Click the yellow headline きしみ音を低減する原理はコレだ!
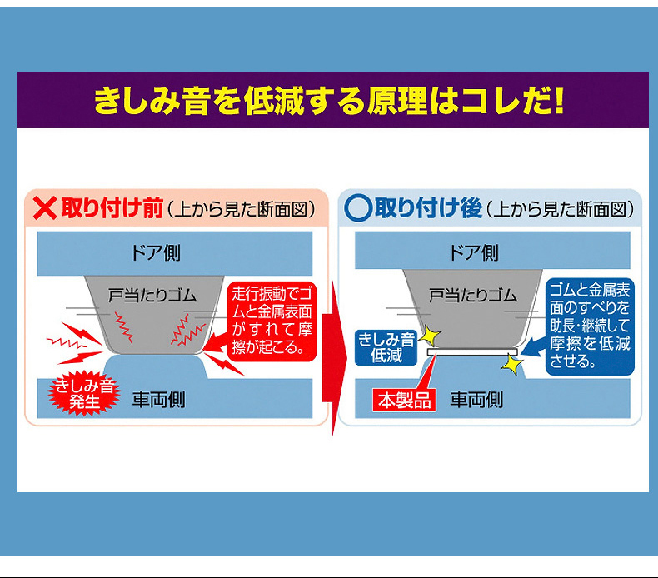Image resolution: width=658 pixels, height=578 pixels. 328,101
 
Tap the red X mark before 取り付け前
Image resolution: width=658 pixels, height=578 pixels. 44,208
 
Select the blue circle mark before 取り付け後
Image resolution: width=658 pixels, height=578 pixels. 358,208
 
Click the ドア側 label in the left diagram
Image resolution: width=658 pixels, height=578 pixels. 155,252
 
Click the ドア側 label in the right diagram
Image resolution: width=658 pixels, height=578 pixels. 473,252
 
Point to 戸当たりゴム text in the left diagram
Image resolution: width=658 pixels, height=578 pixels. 152,296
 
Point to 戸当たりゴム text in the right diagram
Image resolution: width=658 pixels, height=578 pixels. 472,296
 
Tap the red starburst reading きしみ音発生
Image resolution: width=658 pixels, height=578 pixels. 84,393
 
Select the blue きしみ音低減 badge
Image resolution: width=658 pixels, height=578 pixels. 386,347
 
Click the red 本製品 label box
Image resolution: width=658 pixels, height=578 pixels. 404,400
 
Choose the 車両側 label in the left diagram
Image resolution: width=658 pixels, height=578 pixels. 158,400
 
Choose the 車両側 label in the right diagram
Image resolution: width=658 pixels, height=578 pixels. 476,400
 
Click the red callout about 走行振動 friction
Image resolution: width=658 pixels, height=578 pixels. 272,321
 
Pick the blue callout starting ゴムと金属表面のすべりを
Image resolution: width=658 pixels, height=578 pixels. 590,326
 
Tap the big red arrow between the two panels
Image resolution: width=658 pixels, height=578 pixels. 335,359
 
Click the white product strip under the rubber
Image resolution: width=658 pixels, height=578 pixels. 472,351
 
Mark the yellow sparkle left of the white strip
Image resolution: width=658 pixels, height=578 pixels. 430,336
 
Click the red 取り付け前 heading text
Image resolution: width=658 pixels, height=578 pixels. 112,208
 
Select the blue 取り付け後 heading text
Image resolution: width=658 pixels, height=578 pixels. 428,208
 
